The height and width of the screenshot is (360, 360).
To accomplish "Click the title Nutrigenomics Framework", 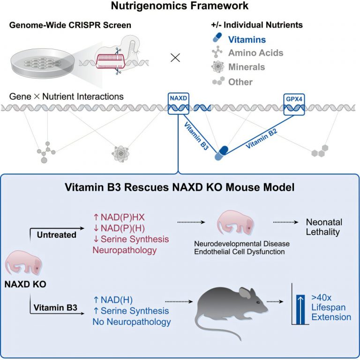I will (180, 7).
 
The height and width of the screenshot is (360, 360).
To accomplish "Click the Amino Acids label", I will (255, 53).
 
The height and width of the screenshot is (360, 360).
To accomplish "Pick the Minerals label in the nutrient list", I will (247, 67).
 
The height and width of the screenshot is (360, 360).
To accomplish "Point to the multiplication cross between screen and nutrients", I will (175, 58).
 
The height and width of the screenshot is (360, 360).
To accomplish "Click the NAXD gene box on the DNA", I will (179, 100).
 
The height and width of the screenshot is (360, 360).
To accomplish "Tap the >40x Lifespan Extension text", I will (331, 307).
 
